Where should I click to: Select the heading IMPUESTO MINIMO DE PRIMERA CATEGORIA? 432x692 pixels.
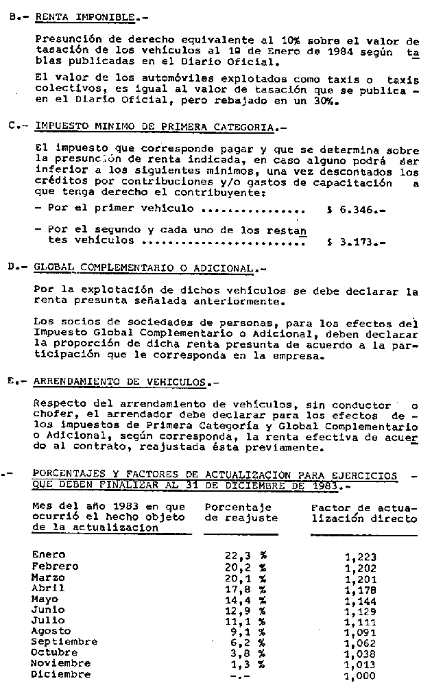point(153,128)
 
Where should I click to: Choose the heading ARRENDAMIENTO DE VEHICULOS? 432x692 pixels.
point(124,381)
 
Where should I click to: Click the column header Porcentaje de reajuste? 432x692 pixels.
point(241,513)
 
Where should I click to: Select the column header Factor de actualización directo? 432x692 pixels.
point(363,513)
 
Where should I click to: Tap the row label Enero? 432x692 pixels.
point(49,554)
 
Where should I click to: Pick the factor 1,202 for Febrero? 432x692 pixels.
point(361,566)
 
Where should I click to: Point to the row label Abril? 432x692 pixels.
point(49,588)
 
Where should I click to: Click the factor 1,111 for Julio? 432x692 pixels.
point(361,620)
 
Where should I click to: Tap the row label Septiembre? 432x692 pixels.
point(61,642)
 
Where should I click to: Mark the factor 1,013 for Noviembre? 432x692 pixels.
point(361,664)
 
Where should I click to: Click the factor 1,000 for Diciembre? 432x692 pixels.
point(361,675)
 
